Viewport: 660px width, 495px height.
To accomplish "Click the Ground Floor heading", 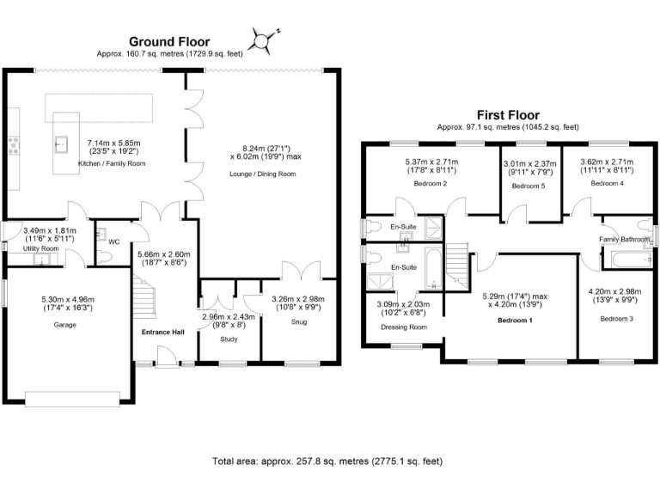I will [169, 41].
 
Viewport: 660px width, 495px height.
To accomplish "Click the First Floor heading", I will [508, 114].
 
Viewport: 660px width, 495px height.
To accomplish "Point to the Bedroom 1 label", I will [516, 320].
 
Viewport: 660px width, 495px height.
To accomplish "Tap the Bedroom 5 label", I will [529, 186].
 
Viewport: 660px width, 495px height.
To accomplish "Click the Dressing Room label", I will [402, 327].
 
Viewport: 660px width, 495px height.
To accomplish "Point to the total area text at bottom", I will [328, 461].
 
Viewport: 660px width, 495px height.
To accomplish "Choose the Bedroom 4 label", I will [607, 184].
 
